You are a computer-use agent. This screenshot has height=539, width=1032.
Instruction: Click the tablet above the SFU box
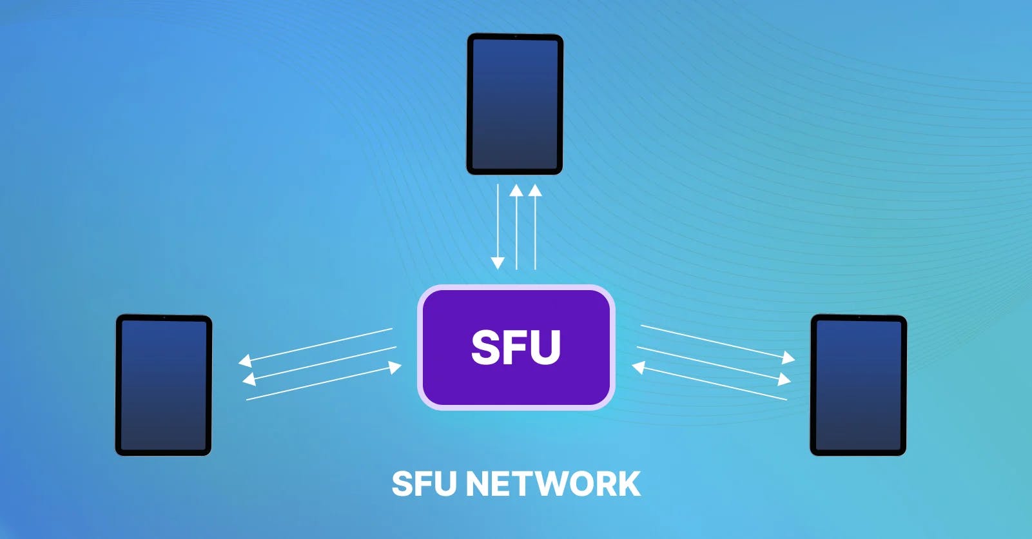[x=514, y=104]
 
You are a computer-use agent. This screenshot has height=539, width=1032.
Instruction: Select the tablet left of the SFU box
[x=164, y=385]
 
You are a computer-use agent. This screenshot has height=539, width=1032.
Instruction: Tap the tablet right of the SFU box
[x=859, y=385]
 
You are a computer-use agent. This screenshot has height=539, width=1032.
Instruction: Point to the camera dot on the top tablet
[x=516, y=36]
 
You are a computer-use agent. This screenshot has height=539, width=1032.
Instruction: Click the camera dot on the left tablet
[x=164, y=317]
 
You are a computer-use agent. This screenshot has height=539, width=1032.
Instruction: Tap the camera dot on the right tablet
[x=859, y=317]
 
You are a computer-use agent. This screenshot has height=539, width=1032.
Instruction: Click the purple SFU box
[x=516, y=348]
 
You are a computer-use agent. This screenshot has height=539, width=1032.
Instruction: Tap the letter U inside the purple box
[x=545, y=348]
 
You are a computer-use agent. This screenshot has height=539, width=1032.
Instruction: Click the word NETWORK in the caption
[x=553, y=484]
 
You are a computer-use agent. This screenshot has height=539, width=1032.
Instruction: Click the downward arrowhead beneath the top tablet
[x=498, y=263]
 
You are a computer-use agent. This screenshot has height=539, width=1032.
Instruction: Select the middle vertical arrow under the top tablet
[x=516, y=227]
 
